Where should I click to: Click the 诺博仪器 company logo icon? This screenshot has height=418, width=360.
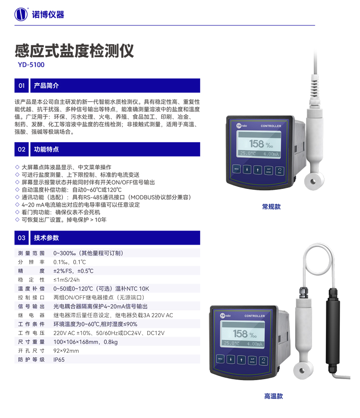(x=21, y=14)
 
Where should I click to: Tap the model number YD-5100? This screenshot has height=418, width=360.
(x=31, y=65)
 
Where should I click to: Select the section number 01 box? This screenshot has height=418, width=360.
(x=22, y=86)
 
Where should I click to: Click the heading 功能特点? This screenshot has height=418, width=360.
(x=47, y=149)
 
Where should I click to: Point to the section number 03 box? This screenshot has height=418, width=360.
(x=22, y=238)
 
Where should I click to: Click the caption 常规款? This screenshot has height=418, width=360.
(x=271, y=207)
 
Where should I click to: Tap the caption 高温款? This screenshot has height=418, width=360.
(x=274, y=396)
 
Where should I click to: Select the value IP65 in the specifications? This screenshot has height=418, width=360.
(x=59, y=359)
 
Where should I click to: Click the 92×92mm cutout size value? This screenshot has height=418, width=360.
(x=66, y=351)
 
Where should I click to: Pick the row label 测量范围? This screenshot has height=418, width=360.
(x=31, y=253)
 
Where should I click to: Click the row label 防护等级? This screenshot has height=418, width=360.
(x=31, y=359)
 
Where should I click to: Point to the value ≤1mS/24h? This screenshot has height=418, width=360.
(x=66, y=280)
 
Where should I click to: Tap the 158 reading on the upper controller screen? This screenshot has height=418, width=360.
(x=256, y=144)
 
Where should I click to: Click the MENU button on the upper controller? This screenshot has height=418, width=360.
(x=237, y=169)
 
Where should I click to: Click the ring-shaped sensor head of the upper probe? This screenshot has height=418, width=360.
(x=313, y=182)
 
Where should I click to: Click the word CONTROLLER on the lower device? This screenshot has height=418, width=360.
(x=254, y=316)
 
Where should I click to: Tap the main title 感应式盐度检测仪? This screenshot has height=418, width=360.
(x=74, y=50)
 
